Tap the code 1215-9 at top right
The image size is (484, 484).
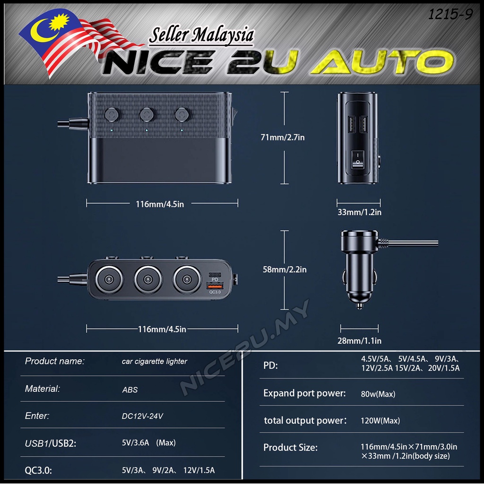(x=449, y=15)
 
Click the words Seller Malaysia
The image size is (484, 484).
(x=201, y=36)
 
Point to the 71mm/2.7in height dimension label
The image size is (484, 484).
(x=283, y=138)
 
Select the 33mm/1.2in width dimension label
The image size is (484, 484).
(x=359, y=212)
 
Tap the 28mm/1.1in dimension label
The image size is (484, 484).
(x=359, y=340)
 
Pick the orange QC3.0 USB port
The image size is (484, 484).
(x=215, y=286)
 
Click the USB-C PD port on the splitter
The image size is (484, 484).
(x=215, y=274)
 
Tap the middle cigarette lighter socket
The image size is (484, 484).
(x=147, y=279)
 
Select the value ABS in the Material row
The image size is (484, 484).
(x=130, y=390)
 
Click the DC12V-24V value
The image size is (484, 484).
(x=142, y=416)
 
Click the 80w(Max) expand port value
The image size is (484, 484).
(x=378, y=394)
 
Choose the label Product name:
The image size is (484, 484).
(x=54, y=362)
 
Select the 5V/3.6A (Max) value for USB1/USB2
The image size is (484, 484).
(x=148, y=443)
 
